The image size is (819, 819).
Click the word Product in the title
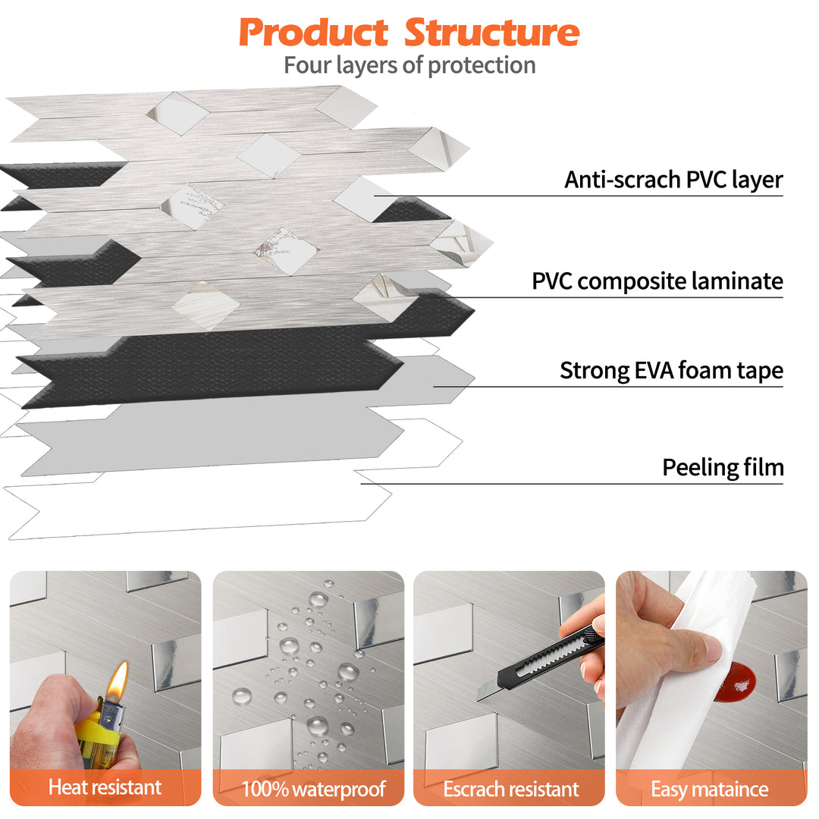[x=313, y=33]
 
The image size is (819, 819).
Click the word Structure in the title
[x=491, y=33]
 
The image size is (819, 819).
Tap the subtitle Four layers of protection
[x=409, y=65]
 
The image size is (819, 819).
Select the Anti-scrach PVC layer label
[x=673, y=180]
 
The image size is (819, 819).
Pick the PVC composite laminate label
[x=657, y=281]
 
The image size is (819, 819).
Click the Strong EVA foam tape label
[x=671, y=371]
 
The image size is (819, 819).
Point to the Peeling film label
[x=723, y=467]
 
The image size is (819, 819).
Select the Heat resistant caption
[x=105, y=787]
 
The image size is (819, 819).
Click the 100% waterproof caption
[x=313, y=789]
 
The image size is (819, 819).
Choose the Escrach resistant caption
[x=510, y=789]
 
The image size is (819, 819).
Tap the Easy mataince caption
[x=709, y=789]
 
